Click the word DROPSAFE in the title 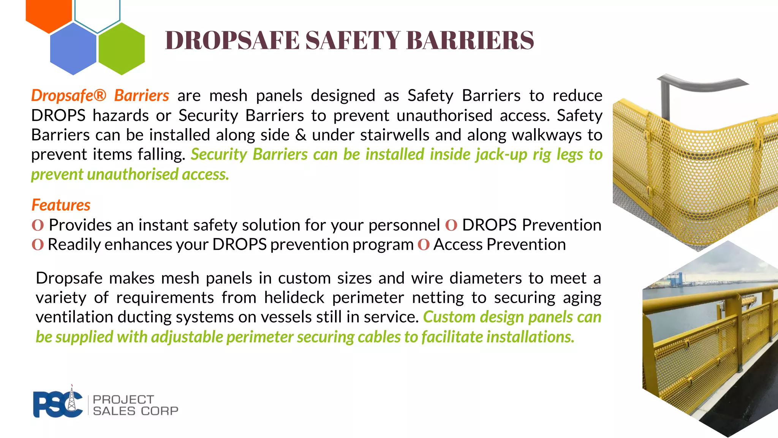(x=232, y=40)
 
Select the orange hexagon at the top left (x=49, y=13)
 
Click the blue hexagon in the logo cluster (x=73, y=49)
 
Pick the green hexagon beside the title (x=122, y=49)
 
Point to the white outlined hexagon (x=97, y=13)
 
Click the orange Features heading (x=61, y=205)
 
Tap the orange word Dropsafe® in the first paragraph (x=69, y=95)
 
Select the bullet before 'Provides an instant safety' (x=38, y=225)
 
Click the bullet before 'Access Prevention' (x=423, y=244)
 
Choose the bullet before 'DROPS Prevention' (x=451, y=225)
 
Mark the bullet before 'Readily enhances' (x=38, y=244)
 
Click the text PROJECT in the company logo (x=123, y=399)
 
